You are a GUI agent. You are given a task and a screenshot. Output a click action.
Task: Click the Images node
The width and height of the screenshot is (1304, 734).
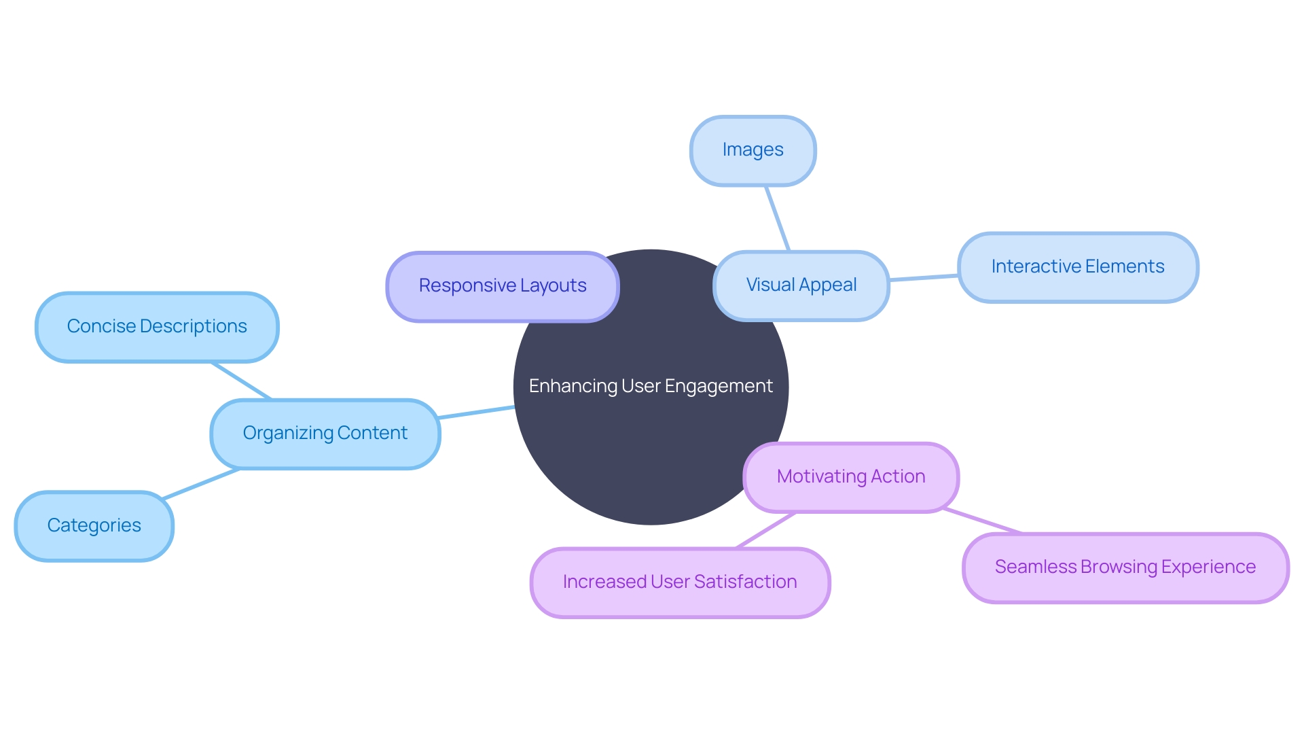point(753,150)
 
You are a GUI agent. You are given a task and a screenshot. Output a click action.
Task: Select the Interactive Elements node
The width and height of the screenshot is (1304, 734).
point(1078,266)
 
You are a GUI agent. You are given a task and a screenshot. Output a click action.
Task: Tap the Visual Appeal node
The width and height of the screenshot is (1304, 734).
point(801,285)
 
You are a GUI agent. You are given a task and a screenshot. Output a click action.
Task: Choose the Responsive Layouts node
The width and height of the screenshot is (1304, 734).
point(503,286)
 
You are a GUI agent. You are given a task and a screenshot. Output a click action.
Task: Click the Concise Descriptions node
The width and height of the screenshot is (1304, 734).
point(157,327)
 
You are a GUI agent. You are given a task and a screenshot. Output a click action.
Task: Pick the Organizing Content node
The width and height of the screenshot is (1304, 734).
point(325,434)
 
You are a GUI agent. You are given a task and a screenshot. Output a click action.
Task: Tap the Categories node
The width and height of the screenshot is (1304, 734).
point(94,525)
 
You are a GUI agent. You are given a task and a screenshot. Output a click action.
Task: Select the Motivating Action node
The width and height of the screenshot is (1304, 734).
point(851,476)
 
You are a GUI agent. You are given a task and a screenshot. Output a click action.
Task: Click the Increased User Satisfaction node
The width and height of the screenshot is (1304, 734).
point(680,582)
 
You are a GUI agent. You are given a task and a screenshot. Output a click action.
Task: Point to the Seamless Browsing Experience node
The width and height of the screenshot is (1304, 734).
point(1125,567)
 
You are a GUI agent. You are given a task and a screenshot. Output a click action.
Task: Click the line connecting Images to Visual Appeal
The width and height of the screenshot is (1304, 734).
point(778,219)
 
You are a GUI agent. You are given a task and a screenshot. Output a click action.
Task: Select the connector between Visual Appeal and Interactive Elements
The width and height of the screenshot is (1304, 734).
point(924,277)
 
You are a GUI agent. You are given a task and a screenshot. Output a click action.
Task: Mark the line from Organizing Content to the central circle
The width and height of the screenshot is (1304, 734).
point(477,412)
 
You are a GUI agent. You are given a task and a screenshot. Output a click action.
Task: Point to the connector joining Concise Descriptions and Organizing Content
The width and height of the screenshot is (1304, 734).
point(242,381)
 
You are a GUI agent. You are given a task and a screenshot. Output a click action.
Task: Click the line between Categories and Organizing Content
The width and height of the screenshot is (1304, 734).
point(202,484)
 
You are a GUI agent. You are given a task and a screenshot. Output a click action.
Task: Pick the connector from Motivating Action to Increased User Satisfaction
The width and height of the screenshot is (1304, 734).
point(766,530)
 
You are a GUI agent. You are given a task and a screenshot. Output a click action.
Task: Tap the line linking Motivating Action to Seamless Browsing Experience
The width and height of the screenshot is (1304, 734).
point(982,521)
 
